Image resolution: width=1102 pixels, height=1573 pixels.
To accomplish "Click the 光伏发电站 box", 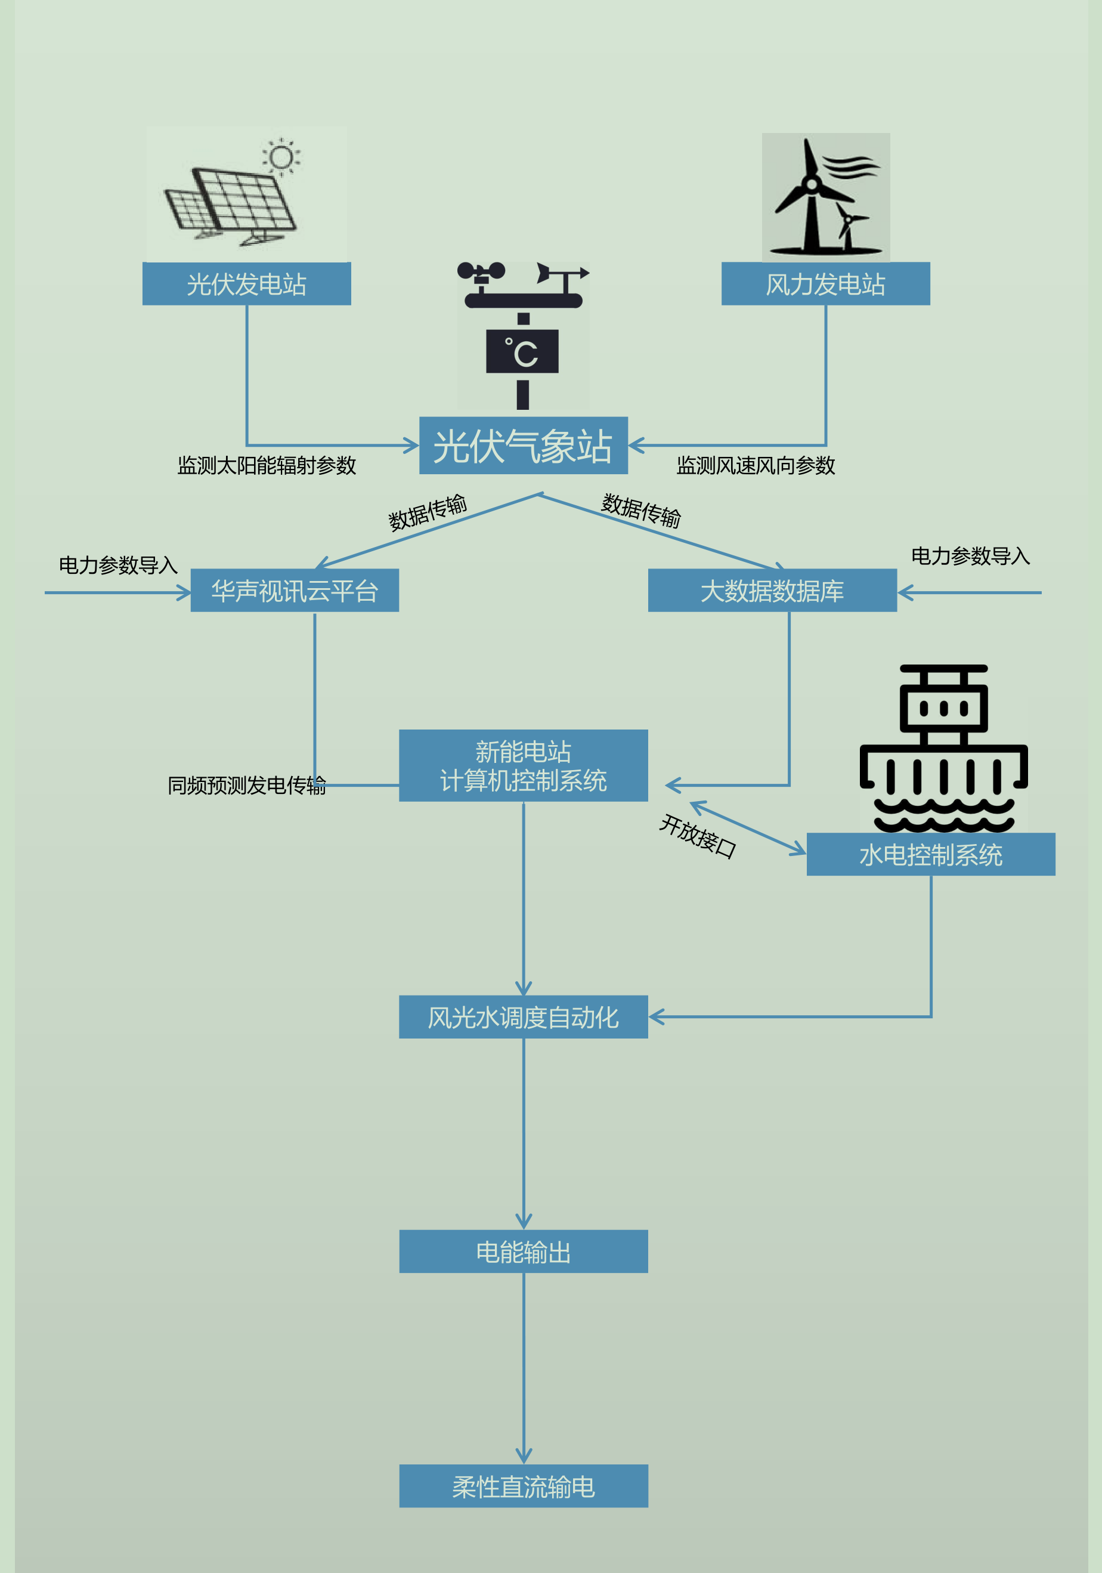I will pos(246,283).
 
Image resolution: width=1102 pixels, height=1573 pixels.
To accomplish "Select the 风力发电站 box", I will pos(825,283).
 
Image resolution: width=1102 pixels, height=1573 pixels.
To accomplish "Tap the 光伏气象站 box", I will pos(523,446).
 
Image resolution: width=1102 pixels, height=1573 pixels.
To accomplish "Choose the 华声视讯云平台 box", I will pos(295,591).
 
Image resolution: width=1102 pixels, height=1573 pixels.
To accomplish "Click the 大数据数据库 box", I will pos(772,591).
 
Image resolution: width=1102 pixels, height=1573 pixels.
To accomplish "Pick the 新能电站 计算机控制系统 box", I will pos(523,765).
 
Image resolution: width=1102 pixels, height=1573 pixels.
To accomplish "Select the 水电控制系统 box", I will pos(931,854).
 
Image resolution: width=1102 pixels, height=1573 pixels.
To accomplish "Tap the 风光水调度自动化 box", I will pos(523,1016).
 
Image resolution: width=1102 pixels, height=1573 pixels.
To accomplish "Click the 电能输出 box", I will pos(523,1251).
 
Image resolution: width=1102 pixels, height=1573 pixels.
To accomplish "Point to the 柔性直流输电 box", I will pos(523,1487).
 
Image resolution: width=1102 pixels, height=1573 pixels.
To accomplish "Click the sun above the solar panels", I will pos(281,157).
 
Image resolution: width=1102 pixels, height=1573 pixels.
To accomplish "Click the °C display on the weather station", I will pos(522,352).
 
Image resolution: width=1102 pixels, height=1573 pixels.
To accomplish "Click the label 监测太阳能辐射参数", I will pos(267,466).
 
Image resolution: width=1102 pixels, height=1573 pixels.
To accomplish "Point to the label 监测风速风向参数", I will pos(756,466).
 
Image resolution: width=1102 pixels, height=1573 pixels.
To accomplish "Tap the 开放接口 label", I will pos(697,836).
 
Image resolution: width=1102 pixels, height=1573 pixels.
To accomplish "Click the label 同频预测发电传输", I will pos(246,785).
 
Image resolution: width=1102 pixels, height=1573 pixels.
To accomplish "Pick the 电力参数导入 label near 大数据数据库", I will pos(970,555).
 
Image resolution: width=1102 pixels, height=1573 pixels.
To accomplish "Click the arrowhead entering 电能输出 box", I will pos(523,1222).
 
